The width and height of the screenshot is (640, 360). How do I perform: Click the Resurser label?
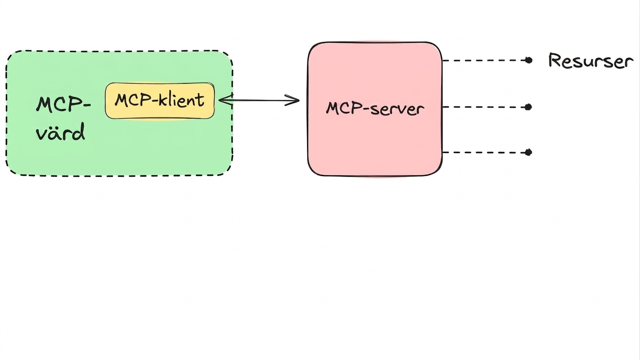591,60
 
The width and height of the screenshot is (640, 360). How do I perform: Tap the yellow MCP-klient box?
160,101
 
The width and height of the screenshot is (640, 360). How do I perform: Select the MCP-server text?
375,109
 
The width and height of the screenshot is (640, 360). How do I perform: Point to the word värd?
60,131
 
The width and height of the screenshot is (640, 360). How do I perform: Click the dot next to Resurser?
528,60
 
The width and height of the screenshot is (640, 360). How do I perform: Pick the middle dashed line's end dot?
528,107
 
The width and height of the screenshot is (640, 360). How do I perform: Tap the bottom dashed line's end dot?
528,152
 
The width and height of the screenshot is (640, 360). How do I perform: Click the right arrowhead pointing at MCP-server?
293,100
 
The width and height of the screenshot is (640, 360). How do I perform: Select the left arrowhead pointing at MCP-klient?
226,100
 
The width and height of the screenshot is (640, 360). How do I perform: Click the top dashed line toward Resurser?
485,60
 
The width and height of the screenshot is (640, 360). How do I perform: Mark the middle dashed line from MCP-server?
485,107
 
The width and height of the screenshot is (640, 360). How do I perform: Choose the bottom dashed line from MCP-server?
485,152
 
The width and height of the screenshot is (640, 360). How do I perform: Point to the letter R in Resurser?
554,60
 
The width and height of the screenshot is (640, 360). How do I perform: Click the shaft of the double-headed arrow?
259,100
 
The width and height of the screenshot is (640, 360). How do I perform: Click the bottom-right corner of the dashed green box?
227,171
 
